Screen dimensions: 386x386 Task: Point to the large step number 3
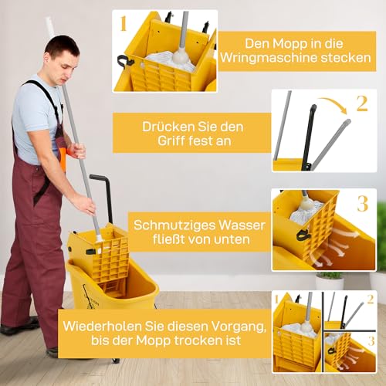tap(362, 204)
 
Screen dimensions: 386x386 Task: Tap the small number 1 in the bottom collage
tap(278, 298)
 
